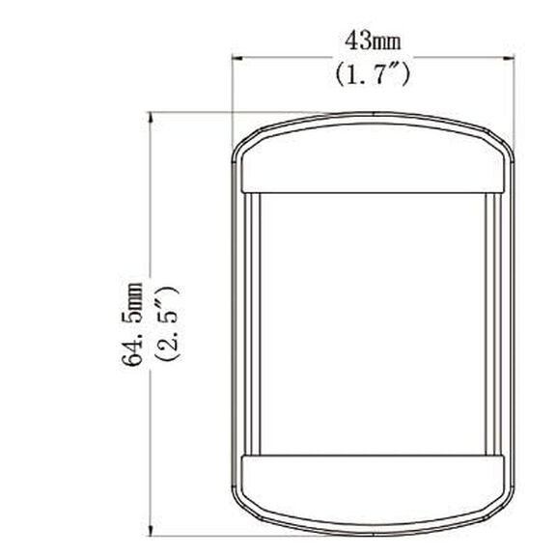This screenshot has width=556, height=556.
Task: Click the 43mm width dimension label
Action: (373, 42)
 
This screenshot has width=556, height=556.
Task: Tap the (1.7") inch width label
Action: (373, 74)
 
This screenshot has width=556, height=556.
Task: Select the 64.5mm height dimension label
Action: (132, 323)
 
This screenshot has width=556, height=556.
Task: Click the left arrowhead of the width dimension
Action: (236, 57)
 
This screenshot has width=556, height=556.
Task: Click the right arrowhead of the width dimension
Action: (510, 57)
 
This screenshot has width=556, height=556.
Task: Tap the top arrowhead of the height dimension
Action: (151, 118)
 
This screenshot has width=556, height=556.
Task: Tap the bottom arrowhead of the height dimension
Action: (151, 530)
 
